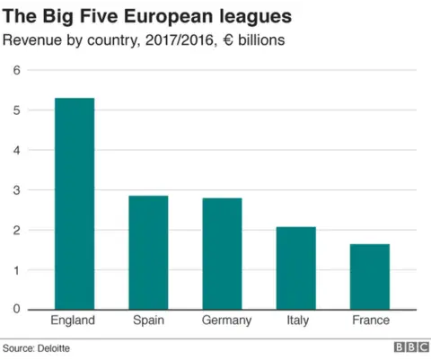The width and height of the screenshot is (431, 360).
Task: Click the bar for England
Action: [x=75, y=204]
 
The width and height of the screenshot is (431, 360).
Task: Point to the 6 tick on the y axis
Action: [x=15, y=71]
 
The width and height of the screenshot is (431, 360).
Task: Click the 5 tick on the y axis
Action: [x=15, y=110]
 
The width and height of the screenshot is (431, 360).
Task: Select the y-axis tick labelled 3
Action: [x=15, y=190]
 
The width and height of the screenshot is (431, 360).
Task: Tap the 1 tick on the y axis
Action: [x=15, y=269]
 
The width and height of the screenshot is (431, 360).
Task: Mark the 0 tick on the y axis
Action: [x=15, y=310]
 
